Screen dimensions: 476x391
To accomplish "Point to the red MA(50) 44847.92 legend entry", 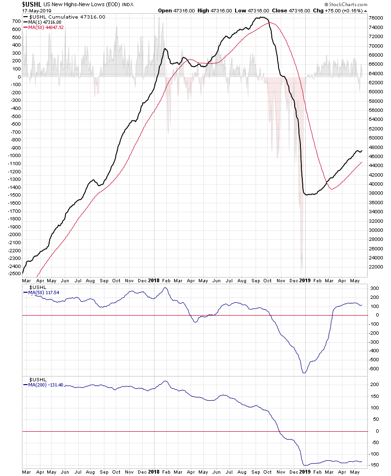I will point(46,28).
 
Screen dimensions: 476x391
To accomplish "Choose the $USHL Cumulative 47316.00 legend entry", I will point(67,17).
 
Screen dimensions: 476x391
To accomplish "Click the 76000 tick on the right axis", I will point(376,18).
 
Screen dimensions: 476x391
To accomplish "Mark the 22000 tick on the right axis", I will point(376,267).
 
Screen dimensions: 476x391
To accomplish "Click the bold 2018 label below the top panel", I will point(154,280).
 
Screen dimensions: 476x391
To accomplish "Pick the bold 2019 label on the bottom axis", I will point(304,472).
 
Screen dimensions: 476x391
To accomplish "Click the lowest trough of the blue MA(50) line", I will point(304,373).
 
